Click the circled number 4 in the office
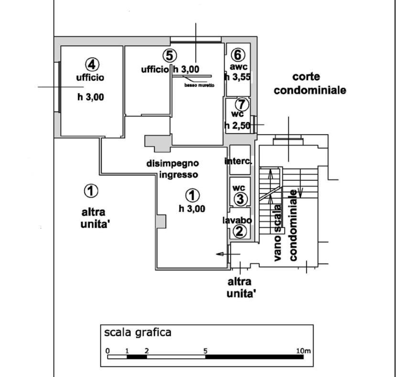click(92, 64)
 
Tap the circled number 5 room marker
click(170, 55)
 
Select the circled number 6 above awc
click(238, 54)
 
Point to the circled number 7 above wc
click(242, 104)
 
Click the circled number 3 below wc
click(240, 199)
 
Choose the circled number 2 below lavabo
click(239, 231)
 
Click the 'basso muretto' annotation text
click(199, 85)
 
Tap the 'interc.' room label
click(238, 161)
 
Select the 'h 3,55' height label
click(238, 77)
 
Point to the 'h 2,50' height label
click(237, 125)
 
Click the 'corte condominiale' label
click(310, 84)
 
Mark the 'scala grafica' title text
click(138, 333)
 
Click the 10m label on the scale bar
click(303, 351)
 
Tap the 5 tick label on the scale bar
click(205, 351)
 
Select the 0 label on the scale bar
click(108, 351)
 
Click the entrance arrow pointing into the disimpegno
click(228, 254)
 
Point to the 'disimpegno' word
click(173, 164)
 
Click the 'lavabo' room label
click(237, 220)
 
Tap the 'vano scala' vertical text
click(278, 233)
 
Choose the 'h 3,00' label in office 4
click(91, 97)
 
